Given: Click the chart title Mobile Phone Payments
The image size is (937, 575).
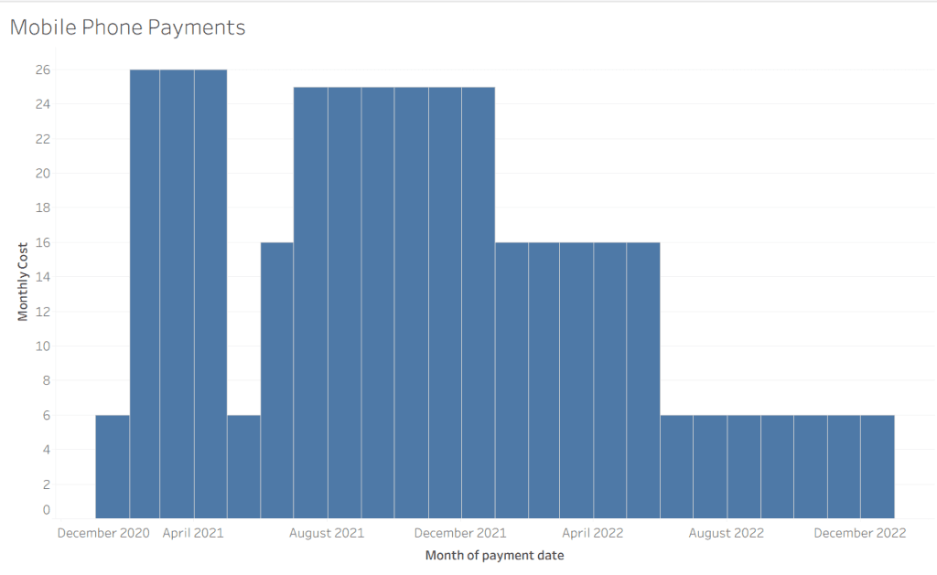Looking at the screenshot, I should [127, 27].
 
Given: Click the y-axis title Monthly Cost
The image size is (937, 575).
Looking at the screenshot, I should [23, 282].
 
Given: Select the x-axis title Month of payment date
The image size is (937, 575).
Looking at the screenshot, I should [494, 555].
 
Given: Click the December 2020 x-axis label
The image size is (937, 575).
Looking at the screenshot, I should [103, 533].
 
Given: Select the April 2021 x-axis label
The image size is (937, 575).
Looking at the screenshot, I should [193, 533].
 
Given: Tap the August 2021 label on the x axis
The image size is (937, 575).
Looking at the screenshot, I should [327, 533].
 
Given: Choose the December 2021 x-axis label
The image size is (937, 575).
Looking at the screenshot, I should [460, 533].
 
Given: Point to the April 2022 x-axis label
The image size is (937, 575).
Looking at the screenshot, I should [593, 533].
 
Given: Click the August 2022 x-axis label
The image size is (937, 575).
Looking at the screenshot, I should [727, 533].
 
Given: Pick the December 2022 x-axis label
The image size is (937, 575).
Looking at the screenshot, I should [859, 533].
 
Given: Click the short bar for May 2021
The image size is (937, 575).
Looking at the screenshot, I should [243, 466].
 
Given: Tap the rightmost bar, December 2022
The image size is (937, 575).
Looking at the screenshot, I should [878, 466].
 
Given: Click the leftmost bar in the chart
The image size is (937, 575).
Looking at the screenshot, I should [113, 466].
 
